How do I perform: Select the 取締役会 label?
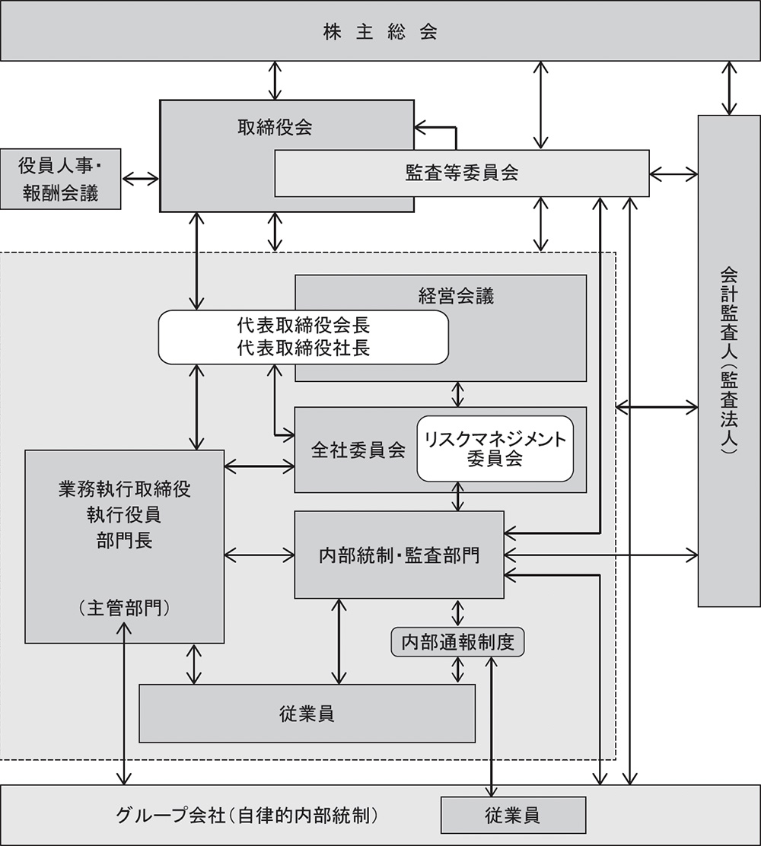(x=275, y=127)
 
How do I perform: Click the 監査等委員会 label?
(x=462, y=173)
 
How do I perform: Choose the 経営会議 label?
(x=456, y=296)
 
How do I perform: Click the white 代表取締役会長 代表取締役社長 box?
(x=303, y=336)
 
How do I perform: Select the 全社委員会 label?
(x=347, y=449)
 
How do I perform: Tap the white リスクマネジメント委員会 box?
(x=495, y=449)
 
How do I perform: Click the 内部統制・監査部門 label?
(x=399, y=555)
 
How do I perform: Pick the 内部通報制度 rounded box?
(x=457, y=642)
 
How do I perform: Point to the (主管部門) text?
(x=124, y=609)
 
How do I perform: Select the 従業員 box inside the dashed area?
(x=307, y=714)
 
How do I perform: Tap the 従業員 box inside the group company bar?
(x=513, y=815)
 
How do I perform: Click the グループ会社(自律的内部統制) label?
(x=247, y=816)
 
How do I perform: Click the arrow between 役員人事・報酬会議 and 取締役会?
(x=141, y=179)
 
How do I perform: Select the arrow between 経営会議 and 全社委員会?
(x=457, y=394)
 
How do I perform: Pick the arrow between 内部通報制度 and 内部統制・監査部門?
(x=457, y=612)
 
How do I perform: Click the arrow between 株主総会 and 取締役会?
(x=275, y=80)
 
